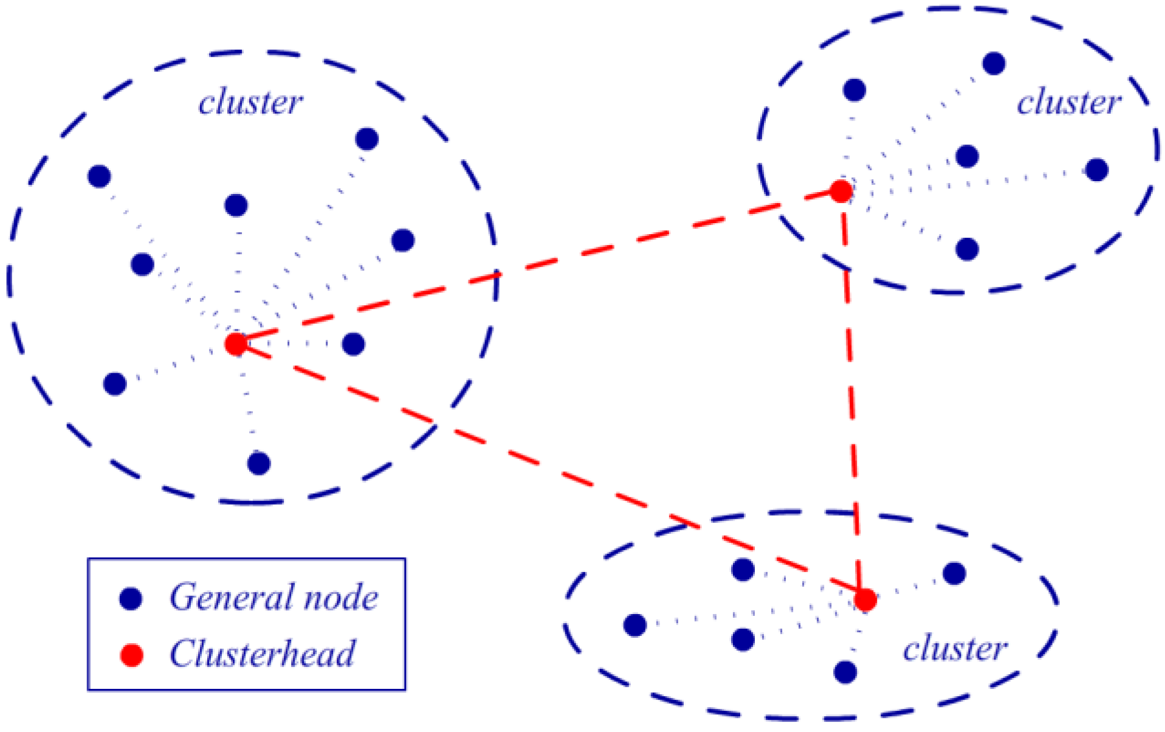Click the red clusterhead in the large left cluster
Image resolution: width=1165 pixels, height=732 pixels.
235,345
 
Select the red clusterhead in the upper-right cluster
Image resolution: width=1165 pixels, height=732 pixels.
841,192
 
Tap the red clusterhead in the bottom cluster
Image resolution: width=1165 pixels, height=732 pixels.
865,600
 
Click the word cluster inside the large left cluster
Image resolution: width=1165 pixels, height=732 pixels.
250,102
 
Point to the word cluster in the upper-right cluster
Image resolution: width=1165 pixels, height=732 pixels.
1069,102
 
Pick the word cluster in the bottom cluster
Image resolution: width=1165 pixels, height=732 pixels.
955,649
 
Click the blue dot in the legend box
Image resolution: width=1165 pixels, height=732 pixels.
131,598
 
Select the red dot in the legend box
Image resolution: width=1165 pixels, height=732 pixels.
131,655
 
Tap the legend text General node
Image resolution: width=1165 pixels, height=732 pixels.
273,597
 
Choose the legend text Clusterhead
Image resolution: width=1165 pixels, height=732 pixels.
263,654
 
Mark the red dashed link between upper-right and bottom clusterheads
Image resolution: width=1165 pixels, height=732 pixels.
852,395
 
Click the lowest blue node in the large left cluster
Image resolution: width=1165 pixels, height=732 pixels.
259,463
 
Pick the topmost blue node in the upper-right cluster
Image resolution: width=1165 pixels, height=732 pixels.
994,63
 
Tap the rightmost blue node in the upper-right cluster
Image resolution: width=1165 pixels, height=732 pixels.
1096,170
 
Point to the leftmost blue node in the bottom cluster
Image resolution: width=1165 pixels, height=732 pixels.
635,625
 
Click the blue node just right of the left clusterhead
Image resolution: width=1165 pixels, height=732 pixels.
353,344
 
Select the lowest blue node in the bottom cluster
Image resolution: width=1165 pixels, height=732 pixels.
845,672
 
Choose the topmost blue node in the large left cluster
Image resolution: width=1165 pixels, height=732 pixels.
366,139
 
